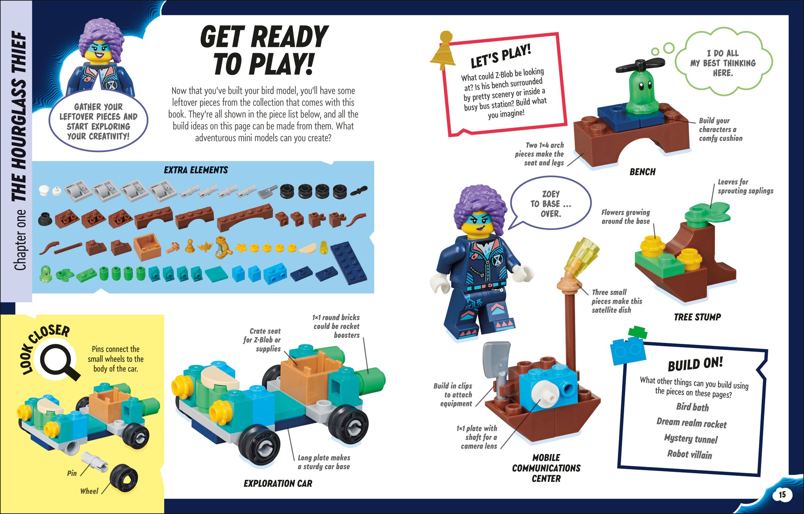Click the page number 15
[782, 495]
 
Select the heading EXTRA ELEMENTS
[196, 170]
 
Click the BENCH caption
[642, 172]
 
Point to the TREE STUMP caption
[697, 317]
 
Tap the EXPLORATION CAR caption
[278, 483]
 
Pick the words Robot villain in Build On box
[689, 454]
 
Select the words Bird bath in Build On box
[692, 407]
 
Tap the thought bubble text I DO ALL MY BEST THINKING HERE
[723, 63]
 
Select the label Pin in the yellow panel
[72, 473]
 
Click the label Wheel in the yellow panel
[89, 491]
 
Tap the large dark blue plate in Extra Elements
[348, 263]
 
